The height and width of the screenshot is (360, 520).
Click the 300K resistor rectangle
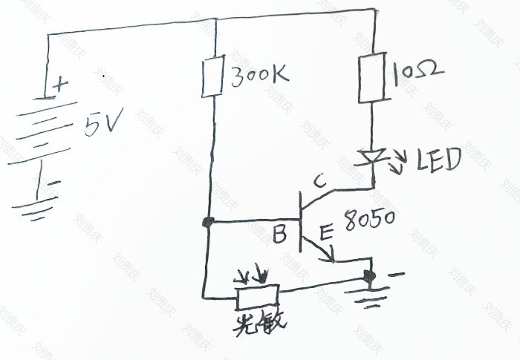[212, 76]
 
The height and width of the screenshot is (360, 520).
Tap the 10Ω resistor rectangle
[372, 77]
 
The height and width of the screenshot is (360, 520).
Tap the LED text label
[438, 160]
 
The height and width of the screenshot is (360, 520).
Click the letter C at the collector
[319, 180]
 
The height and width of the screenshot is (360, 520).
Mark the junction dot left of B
[209, 223]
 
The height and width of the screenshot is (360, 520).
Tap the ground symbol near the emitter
[369, 298]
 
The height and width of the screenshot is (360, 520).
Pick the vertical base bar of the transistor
[299, 220]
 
